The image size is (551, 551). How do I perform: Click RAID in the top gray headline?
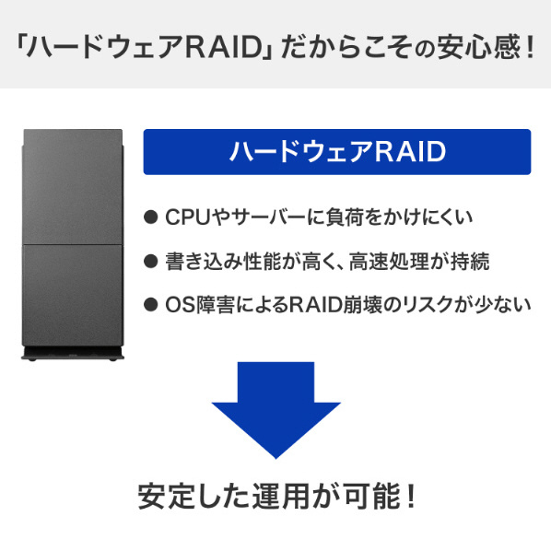pyautogui.click(x=225, y=46)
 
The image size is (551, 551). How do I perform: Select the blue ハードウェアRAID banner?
pyautogui.click(x=337, y=152)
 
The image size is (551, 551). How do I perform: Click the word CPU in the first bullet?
pyautogui.click(x=188, y=217)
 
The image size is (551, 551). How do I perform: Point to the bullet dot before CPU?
pyautogui.click(x=151, y=217)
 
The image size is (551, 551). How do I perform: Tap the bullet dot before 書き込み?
pyautogui.click(x=151, y=261)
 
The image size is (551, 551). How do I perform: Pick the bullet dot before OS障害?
pyautogui.click(x=151, y=304)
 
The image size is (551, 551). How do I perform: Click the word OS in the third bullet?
pyautogui.click(x=180, y=305)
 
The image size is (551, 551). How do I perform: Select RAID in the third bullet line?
pyautogui.click(x=315, y=305)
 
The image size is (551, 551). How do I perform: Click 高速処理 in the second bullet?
pyautogui.click(x=389, y=261)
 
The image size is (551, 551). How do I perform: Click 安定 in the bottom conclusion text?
pyautogui.click(x=166, y=497)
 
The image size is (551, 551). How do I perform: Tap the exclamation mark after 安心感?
pyautogui.click(x=530, y=46)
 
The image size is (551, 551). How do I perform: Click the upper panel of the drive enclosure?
pyautogui.click(x=73, y=187)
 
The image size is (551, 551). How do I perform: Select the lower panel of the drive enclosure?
pyautogui.click(x=73, y=295)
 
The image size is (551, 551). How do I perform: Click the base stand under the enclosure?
pyautogui.click(x=73, y=354)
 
